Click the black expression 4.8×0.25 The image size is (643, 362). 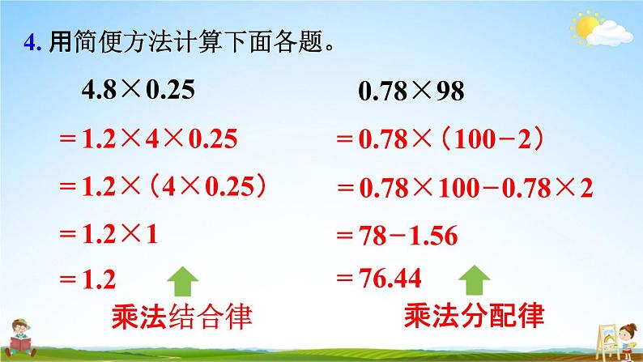(138, 89)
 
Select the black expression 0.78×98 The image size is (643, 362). (411, 91)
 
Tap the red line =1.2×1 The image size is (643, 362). (109, 235)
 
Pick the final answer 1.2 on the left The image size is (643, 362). (99, 279)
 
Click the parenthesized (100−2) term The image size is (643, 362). (493, 139)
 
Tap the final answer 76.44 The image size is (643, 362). (390, 278)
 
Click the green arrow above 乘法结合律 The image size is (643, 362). (182, 281)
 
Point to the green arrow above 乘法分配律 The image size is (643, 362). (474, 280)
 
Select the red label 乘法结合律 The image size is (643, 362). (181, 316)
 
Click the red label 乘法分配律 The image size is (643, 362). (474, 315)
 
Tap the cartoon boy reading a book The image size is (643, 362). (19, 339)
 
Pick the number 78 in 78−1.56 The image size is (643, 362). (373, 236)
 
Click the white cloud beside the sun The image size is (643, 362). (610, 34)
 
